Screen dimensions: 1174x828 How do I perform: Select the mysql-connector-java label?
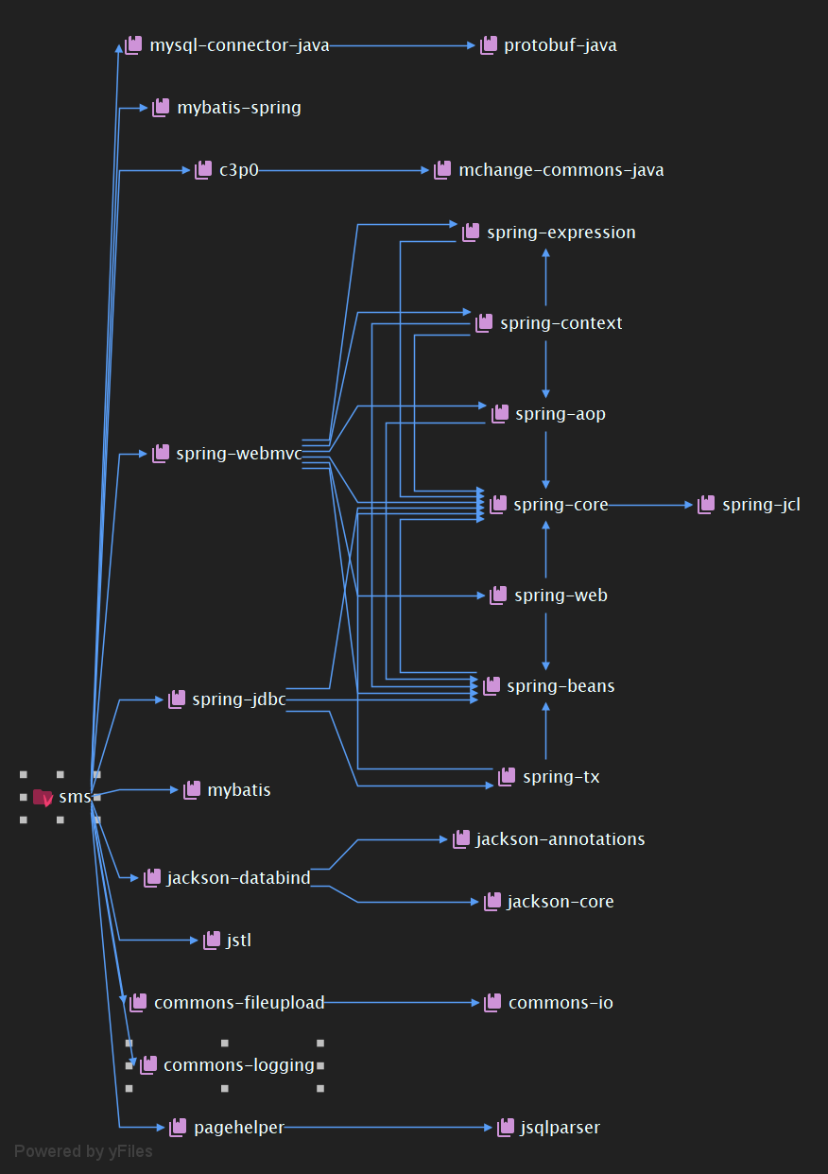click(x=239, y=45)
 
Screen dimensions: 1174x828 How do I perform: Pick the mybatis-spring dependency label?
click(x=238, y=108)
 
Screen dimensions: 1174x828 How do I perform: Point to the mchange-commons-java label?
click(x=561, y=170)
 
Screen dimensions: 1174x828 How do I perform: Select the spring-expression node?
click(x=561, y=233)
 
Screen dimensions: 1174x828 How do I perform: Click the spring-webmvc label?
click(x=238, y=454)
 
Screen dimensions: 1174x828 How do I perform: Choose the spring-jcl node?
click(x=760, y=505)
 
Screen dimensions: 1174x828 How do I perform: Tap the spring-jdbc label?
click(x=238, y=699)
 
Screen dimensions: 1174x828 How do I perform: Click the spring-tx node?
click(x=561, y=777)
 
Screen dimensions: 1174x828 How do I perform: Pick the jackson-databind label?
click(x=238, y=878)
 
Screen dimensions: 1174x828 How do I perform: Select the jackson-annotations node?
click(x=560, y=839)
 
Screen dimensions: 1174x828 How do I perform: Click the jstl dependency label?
click(x=238, y=941)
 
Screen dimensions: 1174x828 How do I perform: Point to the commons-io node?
click(x=561, y=1003)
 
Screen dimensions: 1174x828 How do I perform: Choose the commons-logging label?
click(x=238, y=1065)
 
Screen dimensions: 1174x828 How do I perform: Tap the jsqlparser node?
click(x=560, y=1128)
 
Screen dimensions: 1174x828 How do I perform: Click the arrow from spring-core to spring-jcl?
click(x=652, y=505)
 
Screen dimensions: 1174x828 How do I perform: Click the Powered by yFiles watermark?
click(x=83, y=1151)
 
